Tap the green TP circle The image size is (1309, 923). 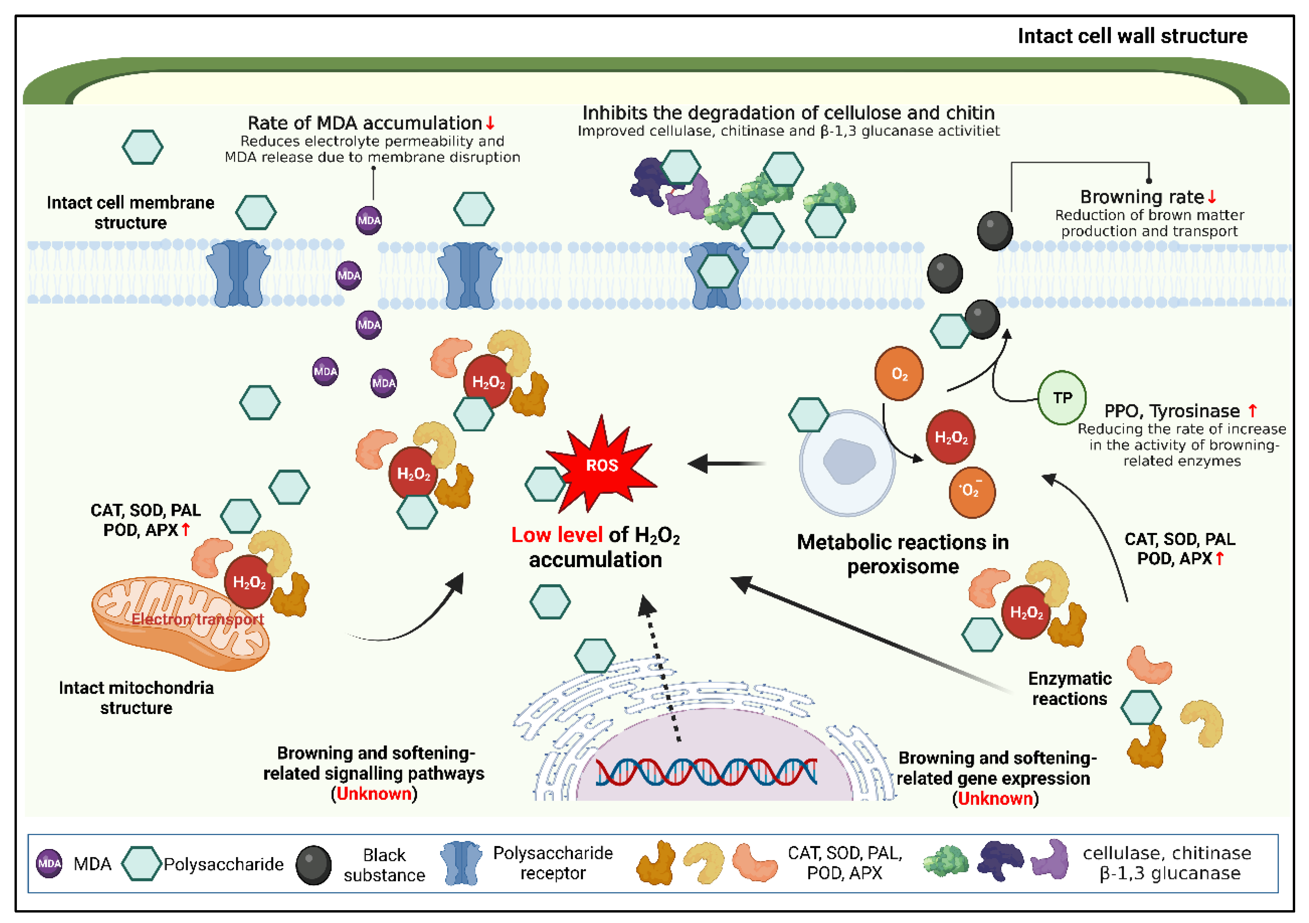coord(1061,398)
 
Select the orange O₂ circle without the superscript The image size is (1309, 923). coord(899,374)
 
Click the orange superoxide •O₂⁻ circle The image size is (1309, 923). coord(972,491)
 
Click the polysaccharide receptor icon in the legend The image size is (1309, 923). coord(461,863)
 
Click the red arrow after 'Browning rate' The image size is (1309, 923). coord(1212,197)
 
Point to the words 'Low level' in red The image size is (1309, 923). coord(557,535)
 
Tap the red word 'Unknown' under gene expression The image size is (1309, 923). coord(995,798)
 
